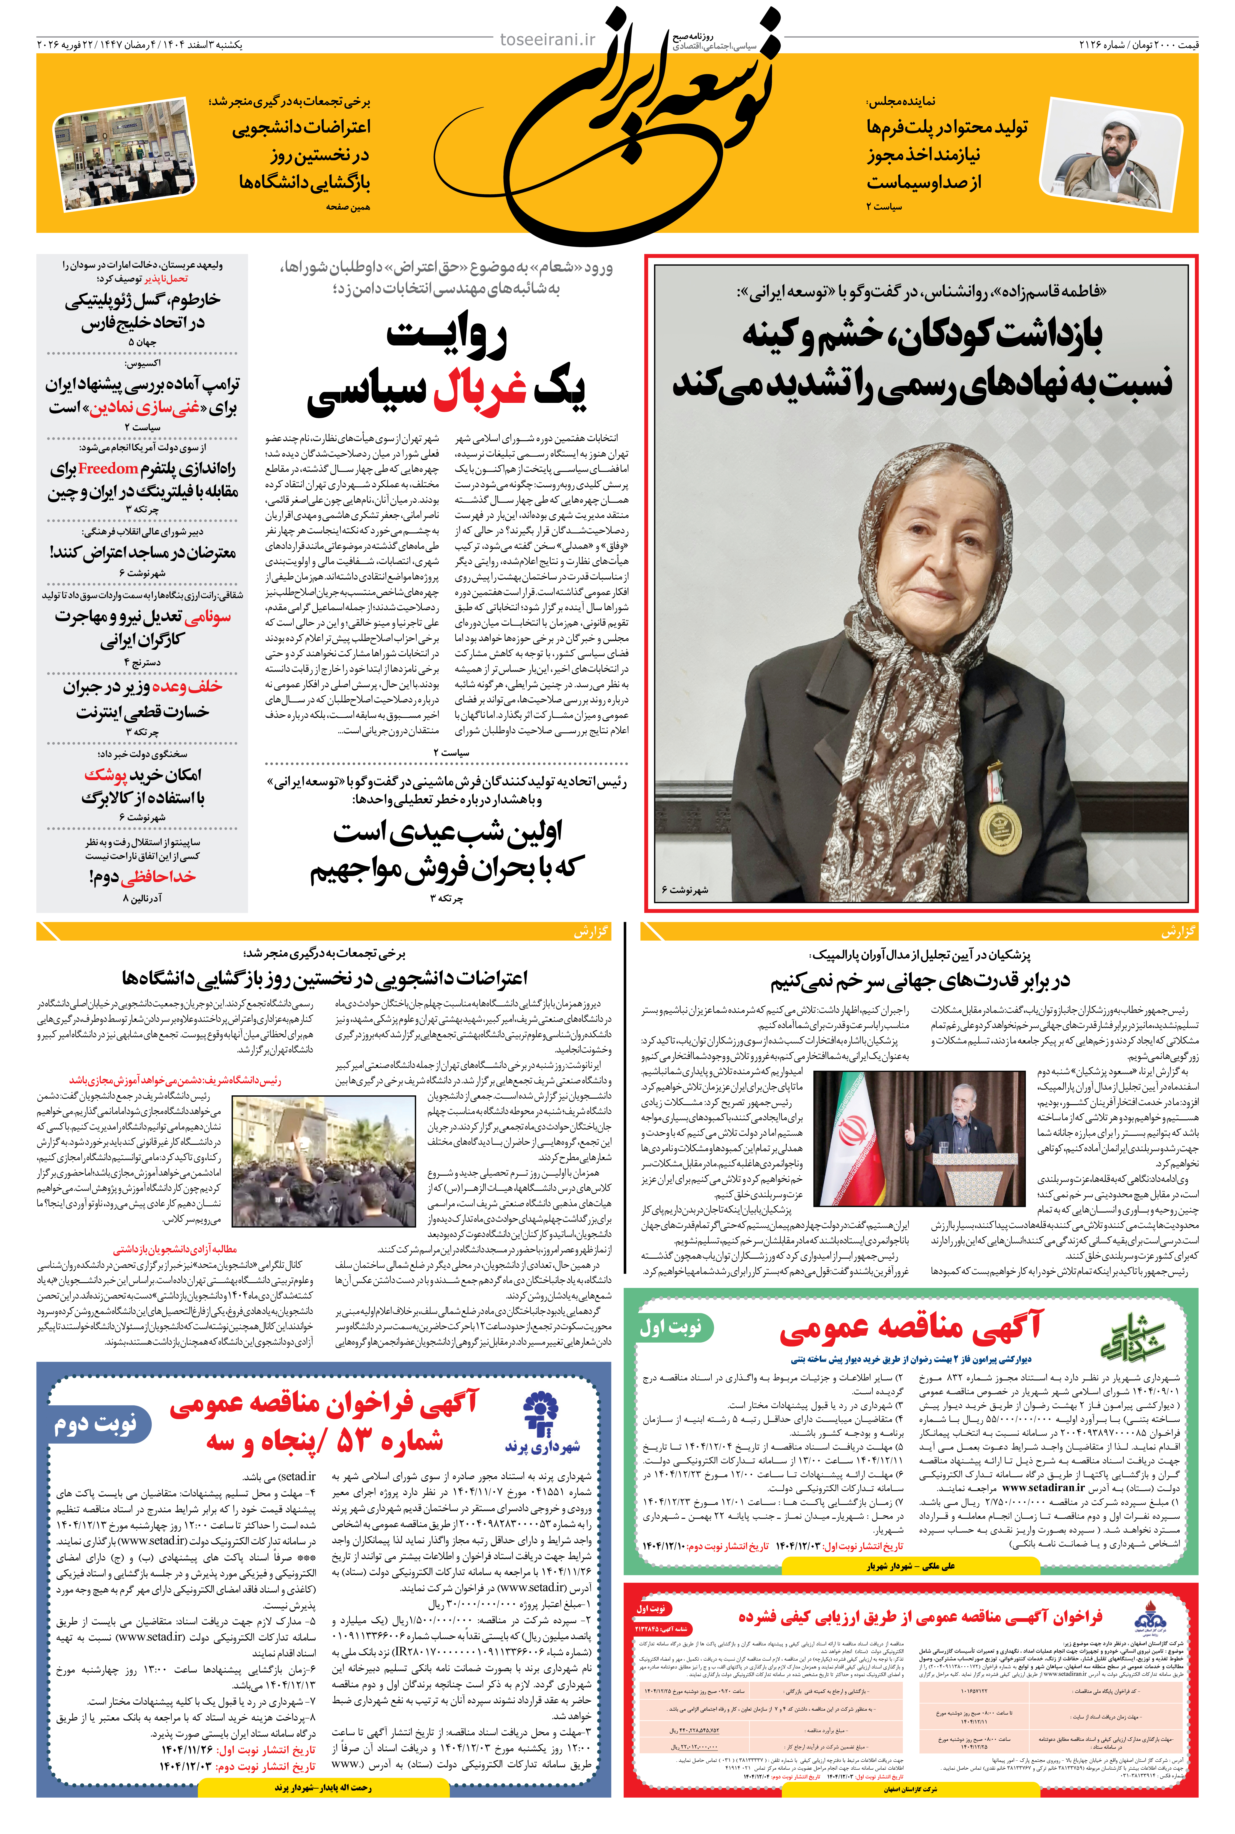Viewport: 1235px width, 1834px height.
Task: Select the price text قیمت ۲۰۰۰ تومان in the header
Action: [1165, 45]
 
